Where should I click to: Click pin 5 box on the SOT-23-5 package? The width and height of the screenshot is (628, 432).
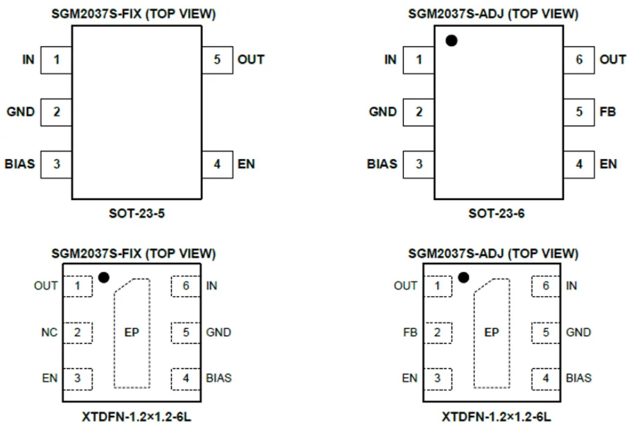217,60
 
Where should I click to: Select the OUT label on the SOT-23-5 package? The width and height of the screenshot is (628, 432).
251,60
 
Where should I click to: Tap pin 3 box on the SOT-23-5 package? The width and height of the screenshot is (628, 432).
56,165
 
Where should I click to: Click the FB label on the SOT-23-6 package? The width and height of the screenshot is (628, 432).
608,112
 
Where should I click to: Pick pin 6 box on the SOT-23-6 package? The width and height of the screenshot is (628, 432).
579,60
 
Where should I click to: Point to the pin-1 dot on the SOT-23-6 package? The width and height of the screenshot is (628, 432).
451,40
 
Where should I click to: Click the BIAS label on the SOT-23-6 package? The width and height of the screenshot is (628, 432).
382,164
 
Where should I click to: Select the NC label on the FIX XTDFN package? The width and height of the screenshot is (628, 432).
49,332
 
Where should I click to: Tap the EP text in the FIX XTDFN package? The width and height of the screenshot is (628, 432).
132,333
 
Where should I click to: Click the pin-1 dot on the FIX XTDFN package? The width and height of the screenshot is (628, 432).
104,277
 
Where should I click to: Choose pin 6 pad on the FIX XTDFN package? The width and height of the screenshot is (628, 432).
186,286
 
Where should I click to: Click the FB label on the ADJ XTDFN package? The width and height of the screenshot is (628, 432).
410,333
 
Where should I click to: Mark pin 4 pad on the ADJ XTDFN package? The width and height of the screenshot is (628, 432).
545,379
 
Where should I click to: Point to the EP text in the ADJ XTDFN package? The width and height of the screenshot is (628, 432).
492,333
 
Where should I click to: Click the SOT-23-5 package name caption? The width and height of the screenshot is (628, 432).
137,213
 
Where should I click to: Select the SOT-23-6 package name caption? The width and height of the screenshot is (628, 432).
497,213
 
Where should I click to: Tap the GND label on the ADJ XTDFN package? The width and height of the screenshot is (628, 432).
578,333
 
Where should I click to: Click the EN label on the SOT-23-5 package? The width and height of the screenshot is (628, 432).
246,164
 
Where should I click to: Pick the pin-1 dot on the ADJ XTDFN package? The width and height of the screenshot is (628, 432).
463,277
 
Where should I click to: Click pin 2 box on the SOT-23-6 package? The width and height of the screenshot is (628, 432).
419,112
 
